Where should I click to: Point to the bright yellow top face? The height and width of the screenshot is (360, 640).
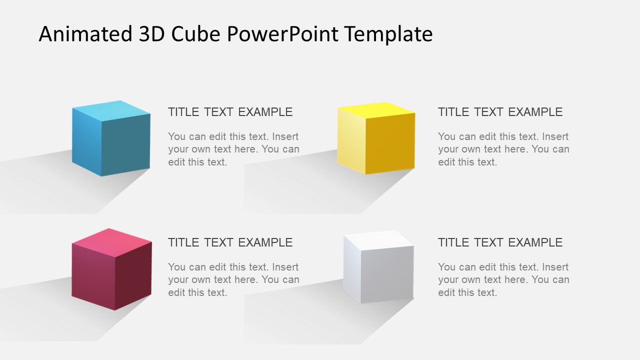click(x=376, y=109)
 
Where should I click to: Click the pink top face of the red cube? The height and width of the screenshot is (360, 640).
click(x=112, y=239)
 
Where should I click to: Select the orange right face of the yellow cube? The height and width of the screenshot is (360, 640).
click(x=390, y=143)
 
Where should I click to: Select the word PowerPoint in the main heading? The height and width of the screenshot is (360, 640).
click(x=282, y=34)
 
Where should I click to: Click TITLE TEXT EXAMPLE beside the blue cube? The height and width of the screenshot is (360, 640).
click(x=230, y=112)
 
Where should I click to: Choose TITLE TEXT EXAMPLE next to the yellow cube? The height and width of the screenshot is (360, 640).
click(x=500, y=112)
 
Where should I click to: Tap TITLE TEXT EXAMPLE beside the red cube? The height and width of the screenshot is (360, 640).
click(x=230, y=242)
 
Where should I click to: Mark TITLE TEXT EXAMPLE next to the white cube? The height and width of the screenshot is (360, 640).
click(x=500, y=242)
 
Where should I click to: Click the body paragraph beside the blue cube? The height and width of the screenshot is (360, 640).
click(x=233, y=149)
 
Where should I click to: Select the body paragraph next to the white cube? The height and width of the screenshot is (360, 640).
click(x=503, y=279)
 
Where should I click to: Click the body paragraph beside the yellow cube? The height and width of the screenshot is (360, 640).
click(x=503, y=149)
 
